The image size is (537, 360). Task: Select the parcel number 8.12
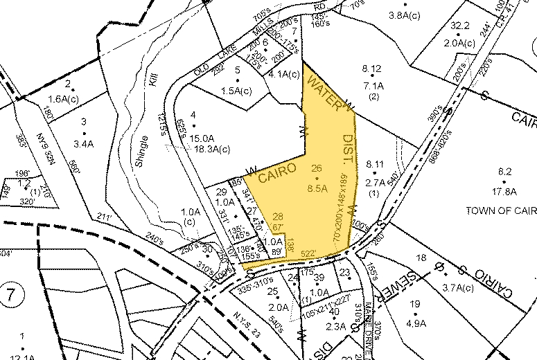(x=372, y=68)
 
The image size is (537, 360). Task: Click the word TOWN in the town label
(x=483, y=210)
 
